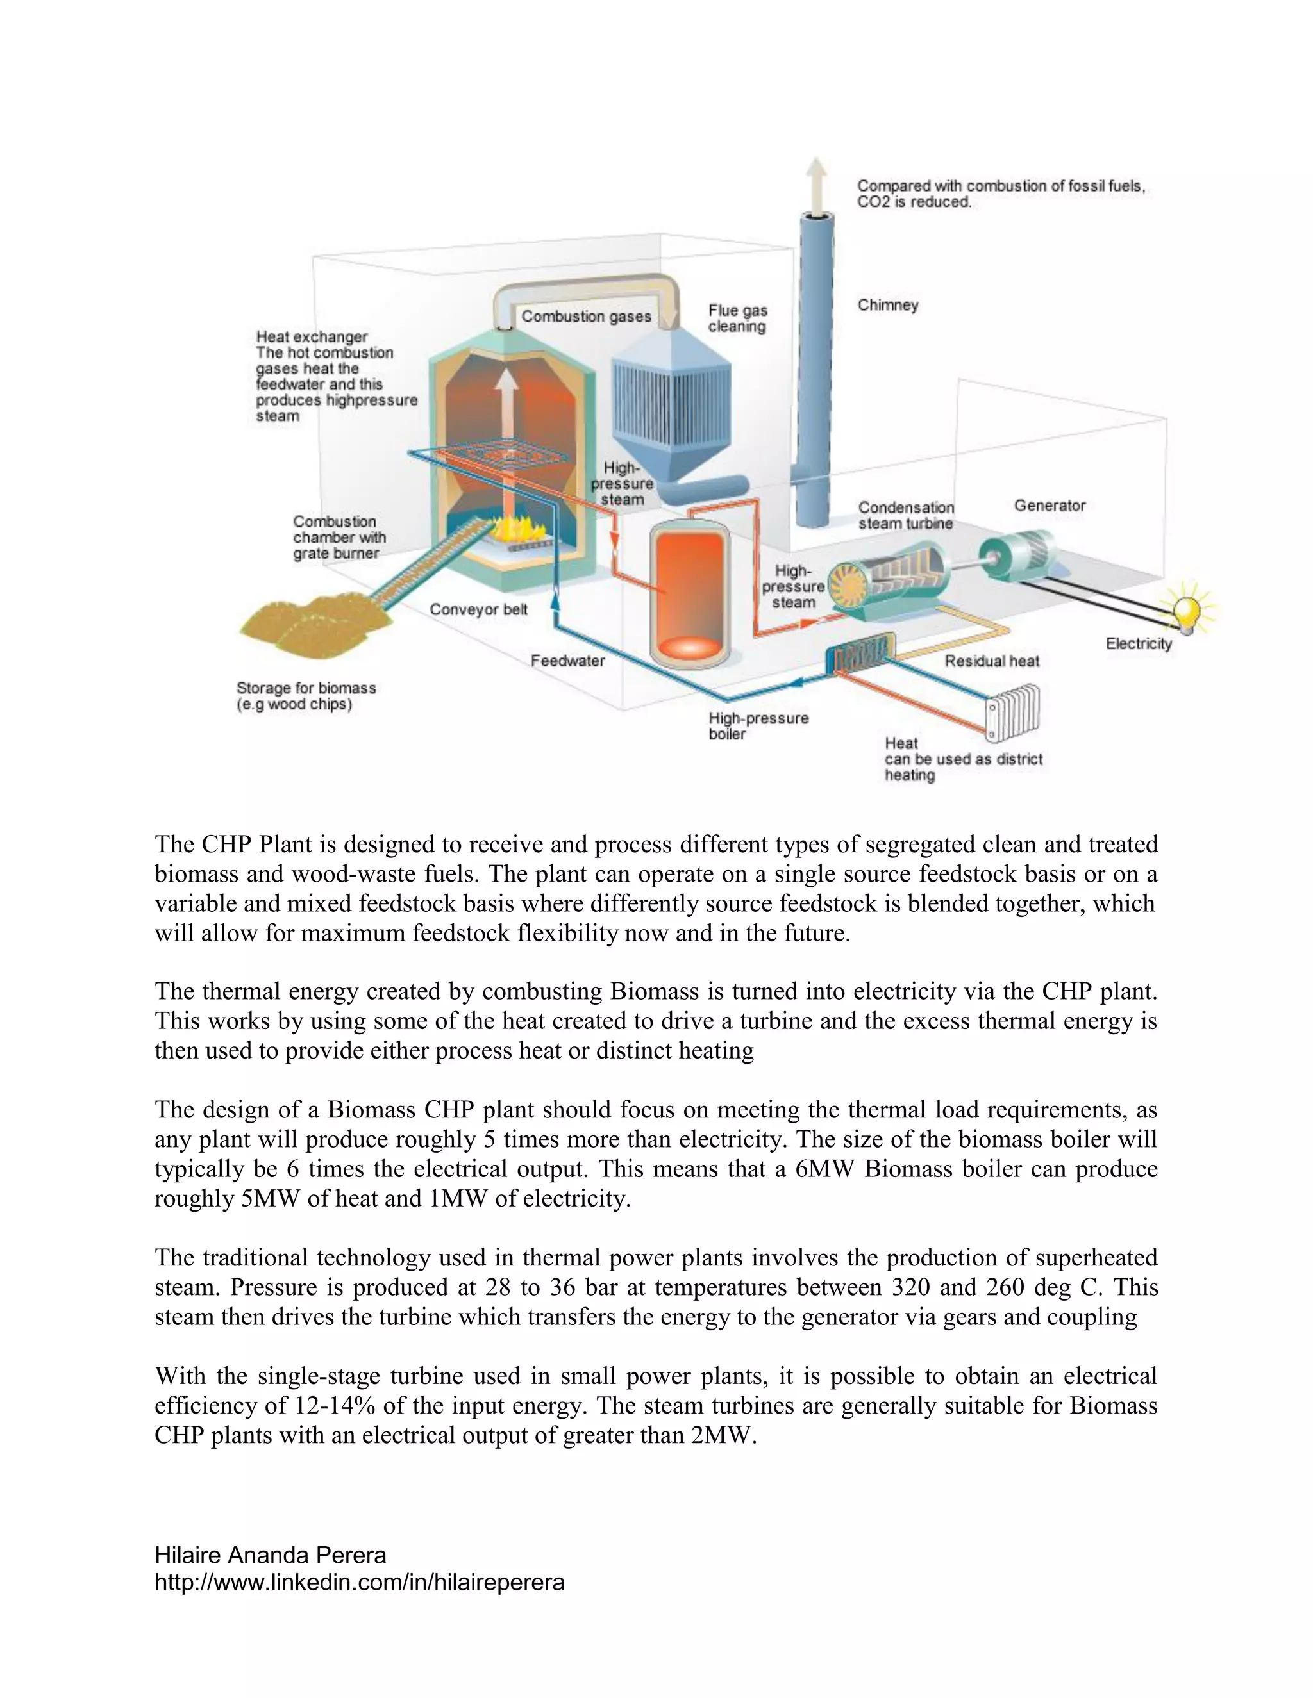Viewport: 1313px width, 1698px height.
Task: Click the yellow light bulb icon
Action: tap(1187, 610)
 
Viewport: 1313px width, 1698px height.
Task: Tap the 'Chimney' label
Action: tap(887, 305)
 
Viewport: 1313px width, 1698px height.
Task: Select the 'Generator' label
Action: tap(1050, 506)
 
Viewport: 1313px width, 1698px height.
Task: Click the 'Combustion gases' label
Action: tap(586, 317)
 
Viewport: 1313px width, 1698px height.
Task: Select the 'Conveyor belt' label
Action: tap(478, 609)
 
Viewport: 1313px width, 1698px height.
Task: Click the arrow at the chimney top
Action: tap(816, 181)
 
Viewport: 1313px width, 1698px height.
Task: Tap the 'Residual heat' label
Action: tap(992, 661)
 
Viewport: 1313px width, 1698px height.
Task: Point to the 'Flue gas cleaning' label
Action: tap(737, 318)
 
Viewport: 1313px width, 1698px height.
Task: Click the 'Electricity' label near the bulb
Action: tap(1139, 644)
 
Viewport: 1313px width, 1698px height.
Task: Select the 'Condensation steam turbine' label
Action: tap(905, 515)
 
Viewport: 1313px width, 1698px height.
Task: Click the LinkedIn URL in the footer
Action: tap(360, 1582)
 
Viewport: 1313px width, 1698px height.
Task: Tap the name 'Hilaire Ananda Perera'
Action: tap(270, 1555)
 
